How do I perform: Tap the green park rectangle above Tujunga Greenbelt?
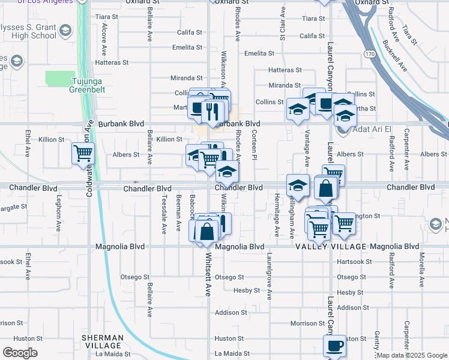tap(60, 78)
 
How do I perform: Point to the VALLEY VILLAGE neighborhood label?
tap(331, 247)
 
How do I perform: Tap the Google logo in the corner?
tap(20, 353)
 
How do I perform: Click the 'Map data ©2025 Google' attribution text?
tap(412, 355)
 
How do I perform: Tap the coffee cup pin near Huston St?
tap(335, 346)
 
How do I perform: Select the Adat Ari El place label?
tap(372, 129)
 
